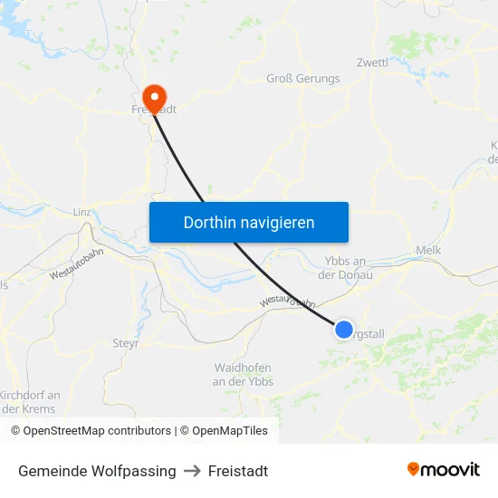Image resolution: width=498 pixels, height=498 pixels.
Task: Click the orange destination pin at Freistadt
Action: pos(155,98)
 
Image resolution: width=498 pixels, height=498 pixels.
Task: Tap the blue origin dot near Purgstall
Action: pos(344,329)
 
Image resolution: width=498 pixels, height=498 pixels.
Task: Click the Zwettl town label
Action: pos(372,63)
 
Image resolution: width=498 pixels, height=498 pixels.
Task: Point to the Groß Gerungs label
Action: pos(303,79)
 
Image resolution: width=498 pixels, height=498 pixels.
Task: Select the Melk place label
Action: pos(427,250)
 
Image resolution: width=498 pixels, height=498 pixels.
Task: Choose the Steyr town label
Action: pos(125,343)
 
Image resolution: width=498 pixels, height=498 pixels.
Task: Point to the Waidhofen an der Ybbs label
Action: pos(243,374)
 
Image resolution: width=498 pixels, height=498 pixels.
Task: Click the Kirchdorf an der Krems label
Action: pos(30,401)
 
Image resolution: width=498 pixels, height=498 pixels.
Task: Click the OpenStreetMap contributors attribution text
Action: pos(97,431)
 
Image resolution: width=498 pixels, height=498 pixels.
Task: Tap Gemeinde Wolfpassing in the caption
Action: pos(97,471)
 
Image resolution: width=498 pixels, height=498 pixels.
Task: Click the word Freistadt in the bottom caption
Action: pos(238,471)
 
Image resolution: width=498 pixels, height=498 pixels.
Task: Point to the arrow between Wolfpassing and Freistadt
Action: pos(192,471)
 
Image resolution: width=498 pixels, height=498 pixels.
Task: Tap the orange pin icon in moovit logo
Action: pos(414,469)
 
